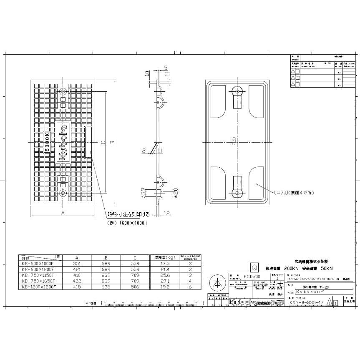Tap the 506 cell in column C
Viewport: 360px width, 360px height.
coord(135,287)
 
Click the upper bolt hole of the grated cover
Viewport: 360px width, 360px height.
coord(63,91)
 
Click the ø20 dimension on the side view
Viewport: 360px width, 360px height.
coord(176,192)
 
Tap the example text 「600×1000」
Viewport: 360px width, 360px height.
coord(133,223)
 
